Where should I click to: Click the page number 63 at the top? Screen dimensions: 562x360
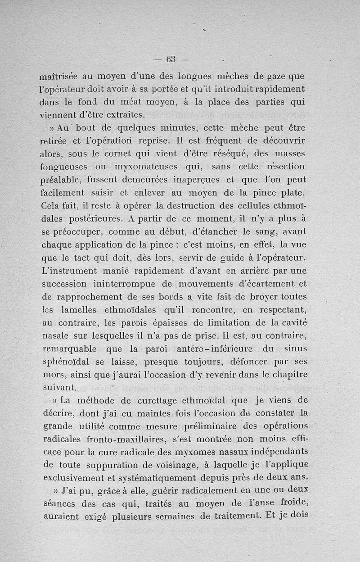tap(171, 59)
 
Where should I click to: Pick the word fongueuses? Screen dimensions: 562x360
tap(66, 167)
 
